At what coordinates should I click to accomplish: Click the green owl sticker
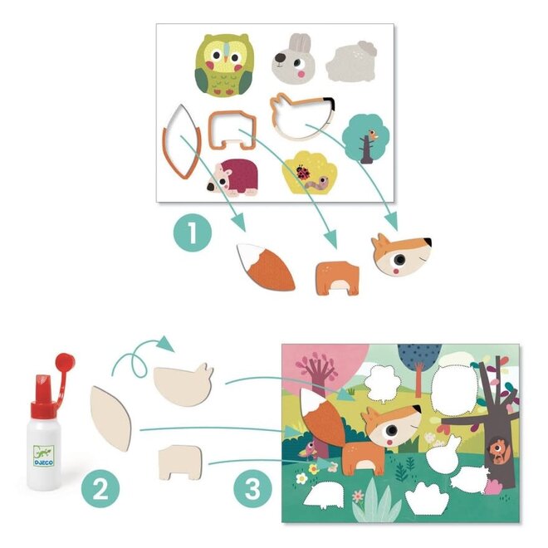[x=223, y=64]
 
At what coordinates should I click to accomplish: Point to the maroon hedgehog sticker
[x=238, y=178]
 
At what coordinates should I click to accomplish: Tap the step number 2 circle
[x=100, y=490]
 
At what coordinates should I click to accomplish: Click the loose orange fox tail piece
[x=266, y=266]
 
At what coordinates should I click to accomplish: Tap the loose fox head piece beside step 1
[x=401, y=255]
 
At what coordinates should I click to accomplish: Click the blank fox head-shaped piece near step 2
[x=183, y=385]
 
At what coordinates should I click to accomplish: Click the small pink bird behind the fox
[x=310, y=449]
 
